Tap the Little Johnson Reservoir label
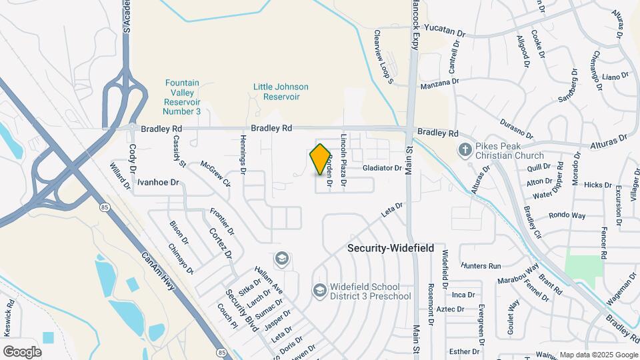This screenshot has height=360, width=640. [281, 91]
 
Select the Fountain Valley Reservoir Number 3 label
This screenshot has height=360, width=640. [182, 97]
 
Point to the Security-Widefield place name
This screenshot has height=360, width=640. [391, 248]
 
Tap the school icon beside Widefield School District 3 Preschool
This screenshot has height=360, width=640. [319, 291]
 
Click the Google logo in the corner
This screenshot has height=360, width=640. [22, 351]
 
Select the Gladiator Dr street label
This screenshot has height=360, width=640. [382, 169]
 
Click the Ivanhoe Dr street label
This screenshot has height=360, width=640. [159, 182]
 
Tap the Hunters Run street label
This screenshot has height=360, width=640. [480, 266]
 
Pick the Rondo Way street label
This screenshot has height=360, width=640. [567, 216]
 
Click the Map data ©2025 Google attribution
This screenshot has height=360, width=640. [598, 355]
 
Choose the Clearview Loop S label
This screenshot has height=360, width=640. [385, 57]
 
